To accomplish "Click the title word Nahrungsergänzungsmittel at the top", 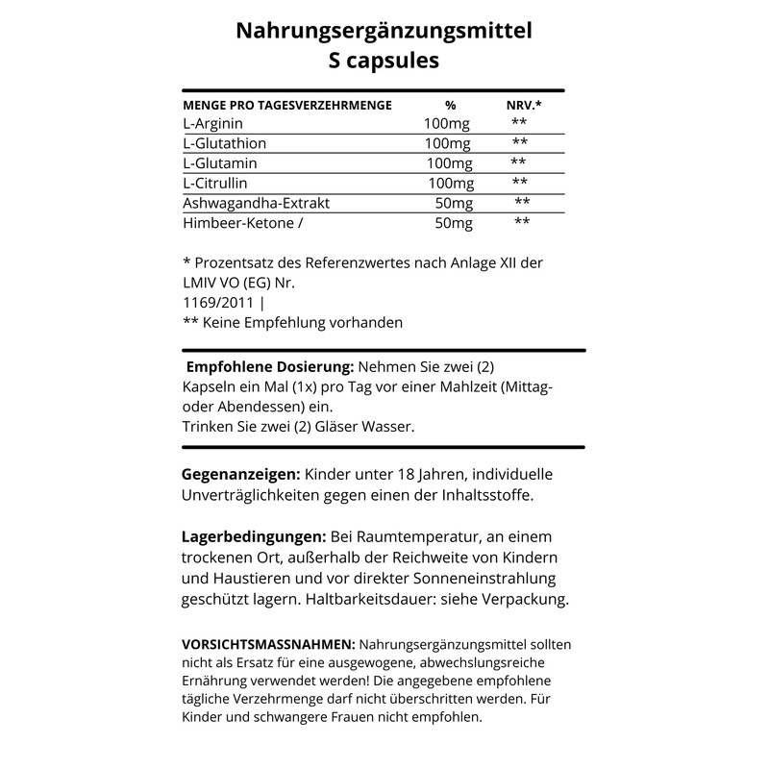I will [384, 32].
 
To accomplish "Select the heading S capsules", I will [384, 61].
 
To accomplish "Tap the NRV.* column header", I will [524, 105].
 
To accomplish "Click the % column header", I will [450, 105].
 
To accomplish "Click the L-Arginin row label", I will [212, 124].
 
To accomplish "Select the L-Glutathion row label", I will [224, 143].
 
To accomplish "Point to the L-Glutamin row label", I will [220, 162].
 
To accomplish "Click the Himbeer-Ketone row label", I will [236, 223].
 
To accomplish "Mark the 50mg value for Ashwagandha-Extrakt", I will [455, 203].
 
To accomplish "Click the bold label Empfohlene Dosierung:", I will [270, 368].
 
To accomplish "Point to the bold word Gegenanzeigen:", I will [240, 474].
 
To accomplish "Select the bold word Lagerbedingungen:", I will [254, 535].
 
